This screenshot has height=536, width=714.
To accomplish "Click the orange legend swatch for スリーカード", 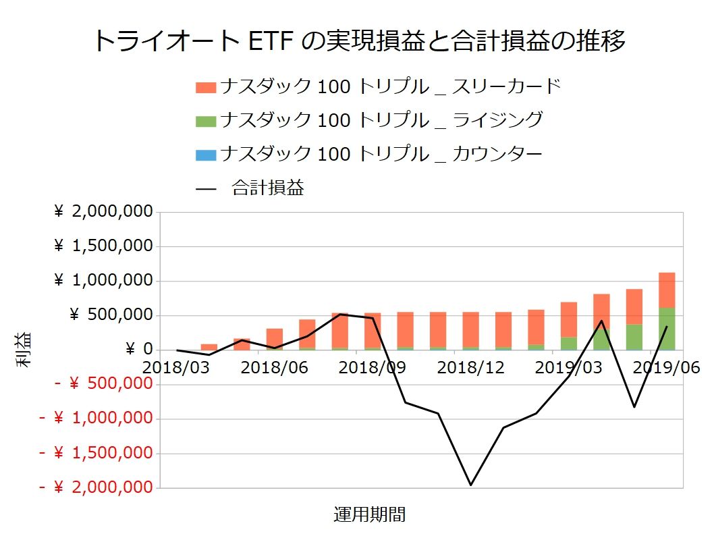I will point(206,88).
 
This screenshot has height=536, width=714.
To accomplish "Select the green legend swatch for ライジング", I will point(206,122).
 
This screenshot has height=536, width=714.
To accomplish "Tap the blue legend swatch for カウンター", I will point(206,155).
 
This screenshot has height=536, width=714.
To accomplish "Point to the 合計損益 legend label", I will point(267,188).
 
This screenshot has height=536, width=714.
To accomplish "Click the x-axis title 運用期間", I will point(370,514).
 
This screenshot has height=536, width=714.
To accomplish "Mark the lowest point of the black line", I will point(470,485).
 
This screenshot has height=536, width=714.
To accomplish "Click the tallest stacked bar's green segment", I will point(667,329).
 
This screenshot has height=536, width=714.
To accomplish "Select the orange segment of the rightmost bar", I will point(667,290).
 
